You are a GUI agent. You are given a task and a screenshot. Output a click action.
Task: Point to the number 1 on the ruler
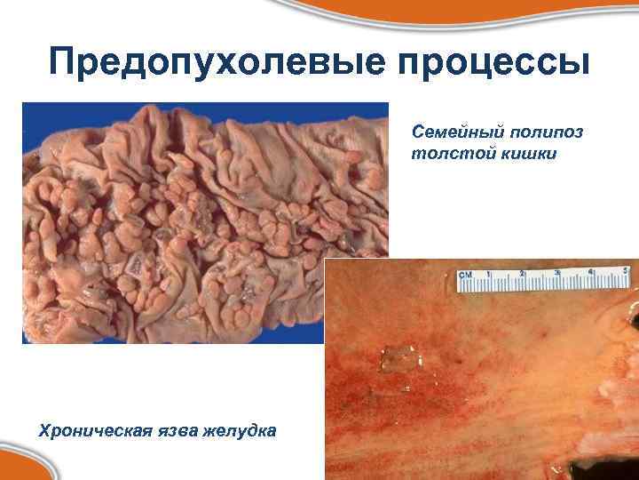click(x=489, y=275)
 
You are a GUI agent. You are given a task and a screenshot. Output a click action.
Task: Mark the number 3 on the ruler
click(x=557, y=273)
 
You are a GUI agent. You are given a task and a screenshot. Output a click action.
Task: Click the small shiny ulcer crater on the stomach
click(x=397, y=356)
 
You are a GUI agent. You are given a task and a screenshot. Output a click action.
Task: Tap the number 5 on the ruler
click(x=627, y=270)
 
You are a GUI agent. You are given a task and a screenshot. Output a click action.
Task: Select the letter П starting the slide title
click(x=65, y=64)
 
